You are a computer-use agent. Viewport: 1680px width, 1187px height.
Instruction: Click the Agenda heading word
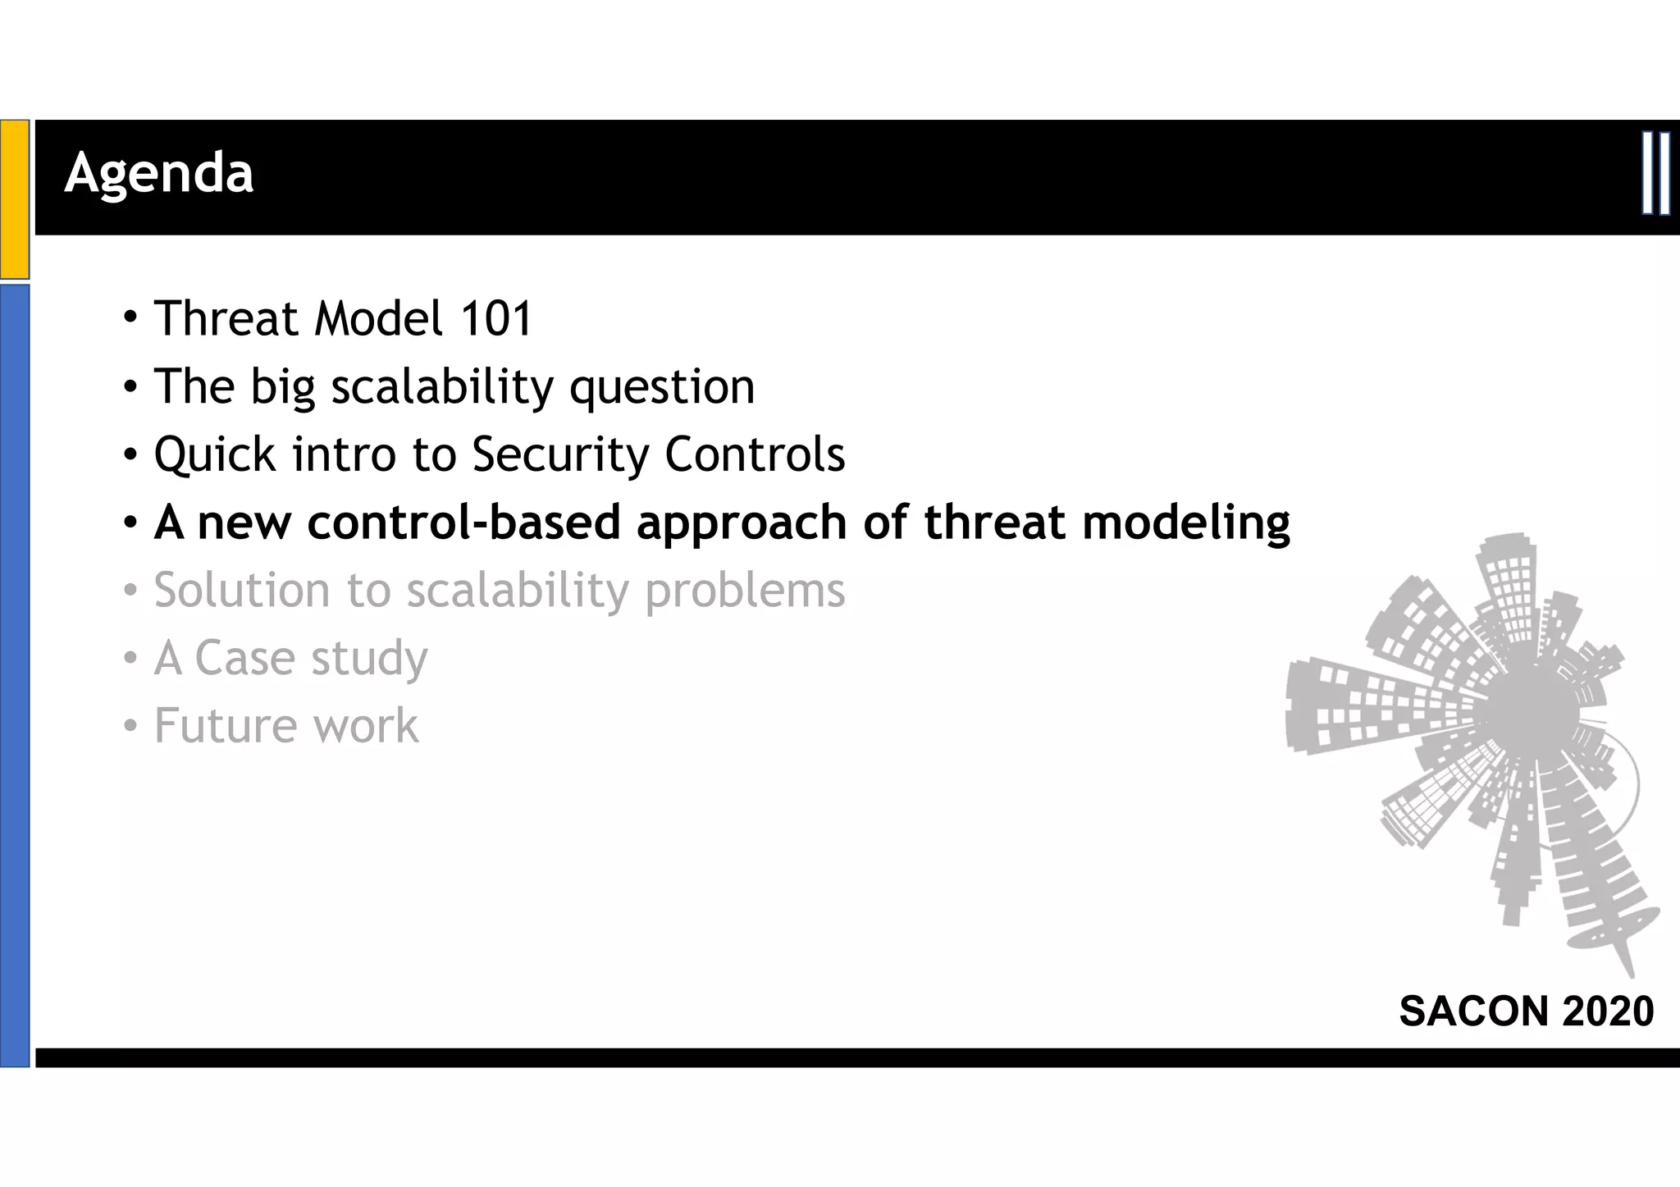click(159, 174)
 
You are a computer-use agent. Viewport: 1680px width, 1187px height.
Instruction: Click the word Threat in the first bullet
click(226, 318)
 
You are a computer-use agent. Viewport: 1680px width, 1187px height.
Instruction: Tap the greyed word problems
click(745, 591)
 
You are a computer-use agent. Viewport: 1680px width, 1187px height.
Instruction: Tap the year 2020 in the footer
click(1608, 1011)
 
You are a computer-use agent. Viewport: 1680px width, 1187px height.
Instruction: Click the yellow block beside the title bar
click(15, 199)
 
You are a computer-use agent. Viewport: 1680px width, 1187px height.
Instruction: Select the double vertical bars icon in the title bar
click(1655, 173)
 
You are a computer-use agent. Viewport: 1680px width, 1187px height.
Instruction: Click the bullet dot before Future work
click(130, 727)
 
